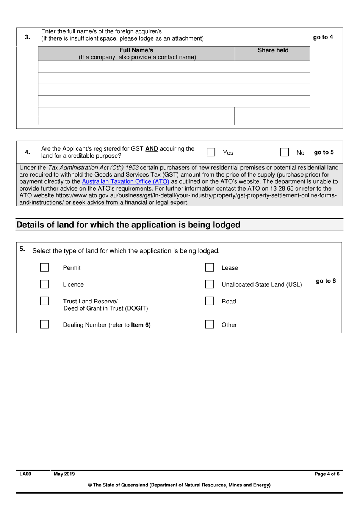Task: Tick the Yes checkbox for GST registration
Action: (211, 152)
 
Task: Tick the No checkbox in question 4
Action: (285, 152)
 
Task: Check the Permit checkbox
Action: (44, 267)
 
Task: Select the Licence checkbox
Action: (44, 284)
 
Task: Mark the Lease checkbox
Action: (210, 267)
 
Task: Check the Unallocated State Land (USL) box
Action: (210, 284)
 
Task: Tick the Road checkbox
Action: (210, 301)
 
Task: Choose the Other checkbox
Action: (210, 325)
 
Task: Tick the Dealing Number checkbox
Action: (44, 325)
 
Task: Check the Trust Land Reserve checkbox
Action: (44, 301)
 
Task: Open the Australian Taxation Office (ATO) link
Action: (125, 181)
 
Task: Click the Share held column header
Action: (273, 50)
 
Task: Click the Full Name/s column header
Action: (136, 53)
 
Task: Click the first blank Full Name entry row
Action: (136, 67)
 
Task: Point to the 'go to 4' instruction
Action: (323, 37)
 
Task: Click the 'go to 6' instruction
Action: (326, 281)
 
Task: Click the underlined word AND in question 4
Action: (152, 149)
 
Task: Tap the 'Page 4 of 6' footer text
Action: (327, 474)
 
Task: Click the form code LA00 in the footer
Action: (25, 474)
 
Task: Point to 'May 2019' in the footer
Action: (64, 474)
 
